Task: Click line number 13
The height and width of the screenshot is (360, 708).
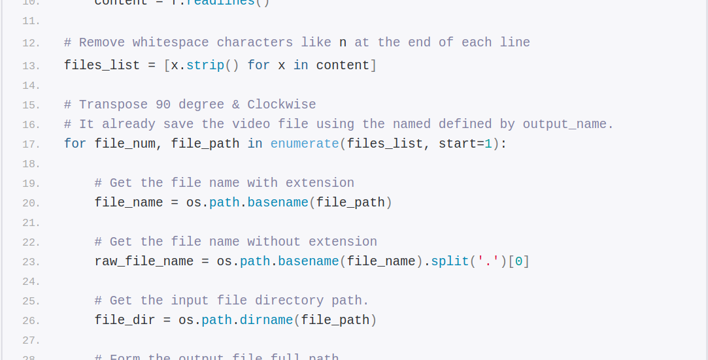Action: coord(31,66)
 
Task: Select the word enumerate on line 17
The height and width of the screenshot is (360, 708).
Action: coord(305,144)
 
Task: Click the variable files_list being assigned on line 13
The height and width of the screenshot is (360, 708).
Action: coord(102,65)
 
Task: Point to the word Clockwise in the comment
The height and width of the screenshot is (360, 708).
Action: coord(282,105)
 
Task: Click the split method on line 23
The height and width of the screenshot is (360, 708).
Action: coord(450,261)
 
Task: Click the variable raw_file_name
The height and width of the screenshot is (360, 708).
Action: coord(144,261)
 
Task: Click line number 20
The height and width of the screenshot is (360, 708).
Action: coord(31,203)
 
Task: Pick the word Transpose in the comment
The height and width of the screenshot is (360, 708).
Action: coord(113,105)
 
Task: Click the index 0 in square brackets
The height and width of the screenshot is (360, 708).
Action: coord(518,261)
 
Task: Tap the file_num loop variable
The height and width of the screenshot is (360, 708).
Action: coord(125,144)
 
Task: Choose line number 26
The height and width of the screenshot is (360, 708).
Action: coord(31,321)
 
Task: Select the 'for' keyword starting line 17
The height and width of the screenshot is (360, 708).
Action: coord(75,144)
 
